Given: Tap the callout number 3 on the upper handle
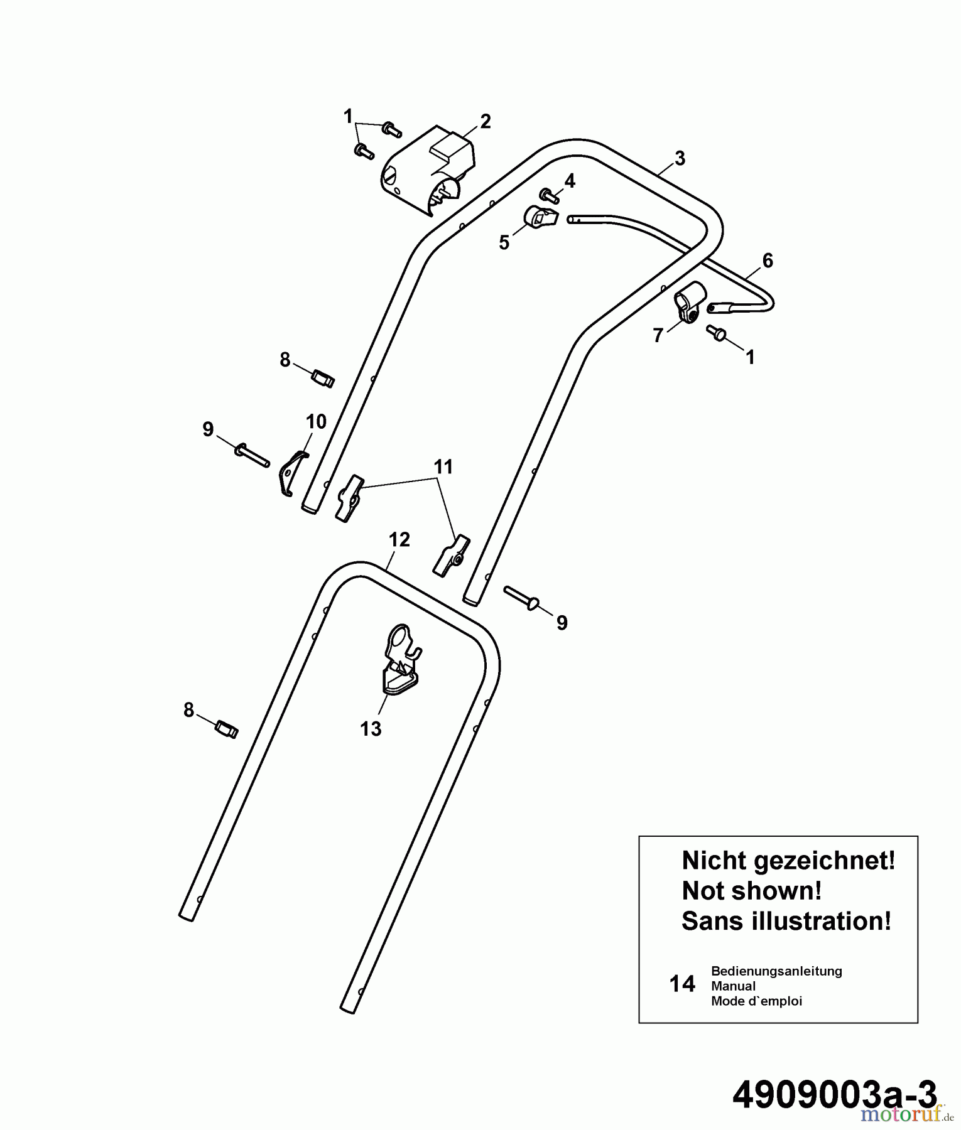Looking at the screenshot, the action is (680, 159).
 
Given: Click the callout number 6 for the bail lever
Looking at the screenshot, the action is (768, 260).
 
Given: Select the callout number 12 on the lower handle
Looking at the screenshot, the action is (399, 540).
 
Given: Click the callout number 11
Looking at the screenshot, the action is (443, 467).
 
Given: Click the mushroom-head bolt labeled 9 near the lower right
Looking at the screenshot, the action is (521, 596).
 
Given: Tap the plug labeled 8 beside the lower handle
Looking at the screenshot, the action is (226, 729).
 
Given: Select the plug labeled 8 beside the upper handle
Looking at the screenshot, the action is (323, 379).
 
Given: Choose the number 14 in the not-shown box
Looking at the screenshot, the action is (683, 984).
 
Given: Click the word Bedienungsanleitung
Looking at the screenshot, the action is (776, 971).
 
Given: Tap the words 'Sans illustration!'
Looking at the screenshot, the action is (786, 922).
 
